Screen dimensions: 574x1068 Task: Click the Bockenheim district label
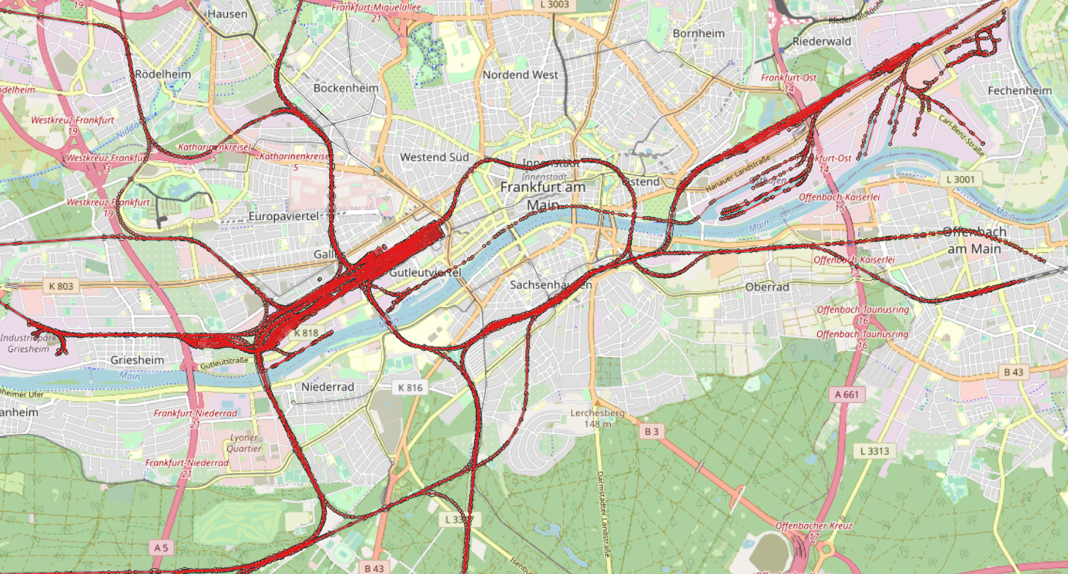tap(345, 88)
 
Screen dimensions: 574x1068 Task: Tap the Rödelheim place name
tap(163, 75)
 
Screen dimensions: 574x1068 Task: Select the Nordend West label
tap(520, 75)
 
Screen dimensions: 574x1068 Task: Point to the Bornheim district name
tap(698, 34)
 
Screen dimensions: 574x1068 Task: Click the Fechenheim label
tap(1019, 91)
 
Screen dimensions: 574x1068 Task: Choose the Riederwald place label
tap(822, 42)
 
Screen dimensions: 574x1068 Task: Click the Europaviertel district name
tap(286, 217)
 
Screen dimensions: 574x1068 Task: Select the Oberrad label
tap(767, 287)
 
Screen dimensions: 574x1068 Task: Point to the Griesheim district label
tap(137, 361)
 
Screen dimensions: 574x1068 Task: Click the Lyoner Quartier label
tap(244, 442)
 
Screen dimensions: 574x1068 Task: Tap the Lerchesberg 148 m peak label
tap(597, 418)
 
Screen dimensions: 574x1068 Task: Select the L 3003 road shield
tap(553, 5)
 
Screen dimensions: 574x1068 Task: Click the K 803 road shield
tap(59, 286)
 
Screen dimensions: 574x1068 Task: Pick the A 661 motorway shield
tap(848, 394)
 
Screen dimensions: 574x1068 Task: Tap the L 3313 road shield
tap(874, 450)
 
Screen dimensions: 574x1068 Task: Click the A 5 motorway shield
tap(161, 547)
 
